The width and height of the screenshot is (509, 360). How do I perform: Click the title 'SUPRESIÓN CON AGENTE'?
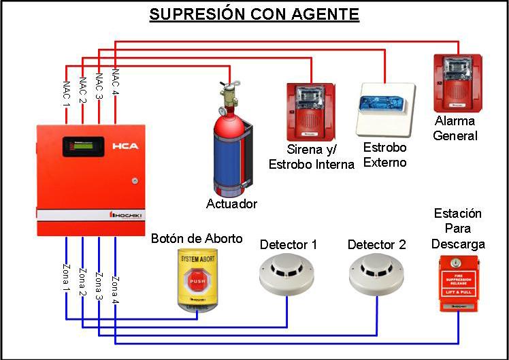click(x=254, y=14)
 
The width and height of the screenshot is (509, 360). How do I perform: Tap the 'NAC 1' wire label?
click(x=66, y=94)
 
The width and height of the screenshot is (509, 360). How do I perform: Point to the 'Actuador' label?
click(x=232, y=203)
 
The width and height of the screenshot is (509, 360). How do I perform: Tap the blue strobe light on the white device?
click(x=384, y=102)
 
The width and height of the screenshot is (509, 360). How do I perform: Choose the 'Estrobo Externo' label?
click(x=384, y=155)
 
